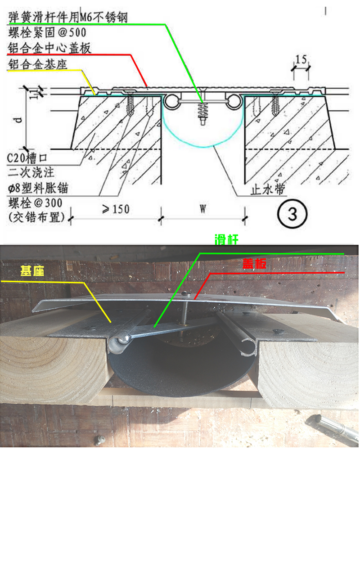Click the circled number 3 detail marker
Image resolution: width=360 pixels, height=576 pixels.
tap(292, 214)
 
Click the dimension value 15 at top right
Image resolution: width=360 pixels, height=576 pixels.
tap(301, 59)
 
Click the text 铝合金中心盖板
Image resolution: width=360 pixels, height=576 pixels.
tap(49, 48)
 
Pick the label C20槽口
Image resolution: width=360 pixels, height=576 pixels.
tap(30, 158)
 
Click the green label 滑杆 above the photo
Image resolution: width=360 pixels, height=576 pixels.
tap(227, 240)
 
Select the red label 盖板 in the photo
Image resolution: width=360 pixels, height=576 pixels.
tap(254, 264)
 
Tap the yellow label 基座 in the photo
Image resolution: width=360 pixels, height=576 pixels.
tap(32, 271)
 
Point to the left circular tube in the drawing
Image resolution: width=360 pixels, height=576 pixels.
tap(171, 102)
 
